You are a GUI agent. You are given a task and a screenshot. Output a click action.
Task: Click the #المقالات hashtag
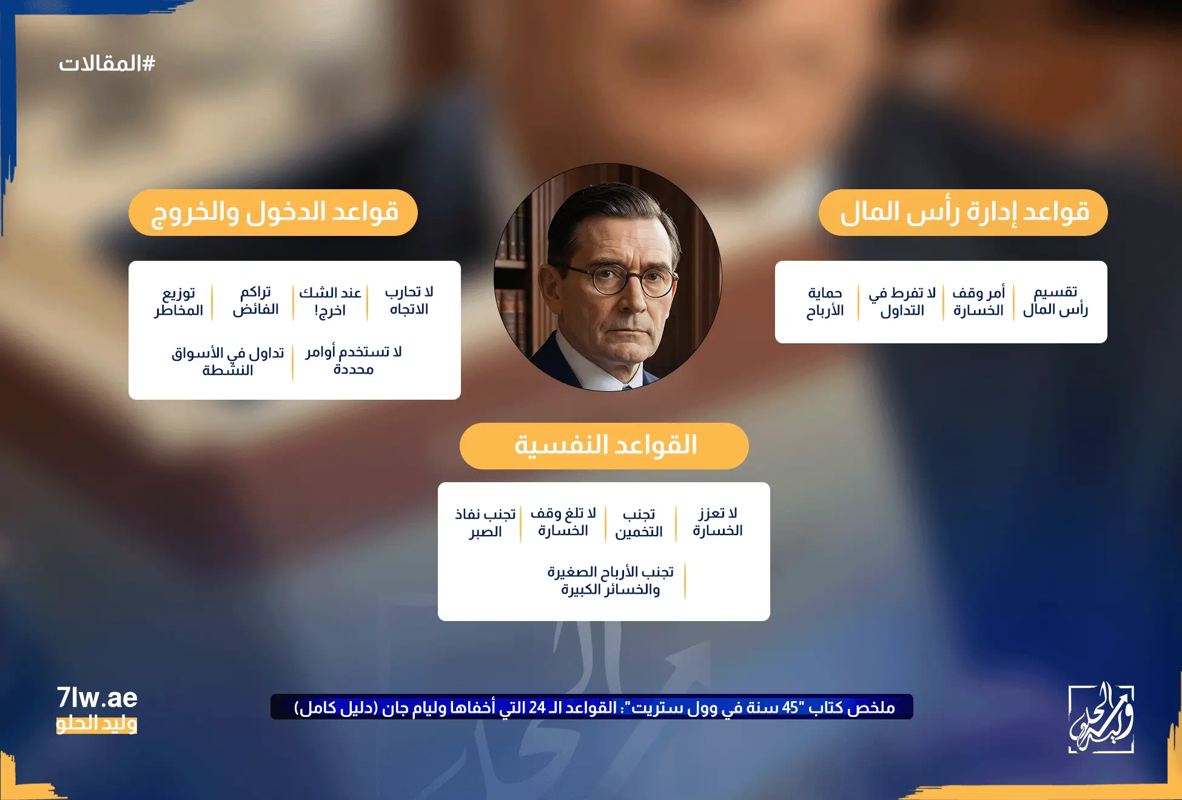point(107,63)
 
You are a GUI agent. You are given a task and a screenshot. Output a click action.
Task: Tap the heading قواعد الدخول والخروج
point(274,212)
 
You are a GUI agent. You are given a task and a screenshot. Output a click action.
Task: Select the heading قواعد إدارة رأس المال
point(963,212)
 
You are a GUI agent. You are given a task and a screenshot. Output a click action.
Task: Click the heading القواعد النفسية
point(604,446)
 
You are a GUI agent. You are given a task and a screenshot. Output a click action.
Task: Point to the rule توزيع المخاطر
point(178,301)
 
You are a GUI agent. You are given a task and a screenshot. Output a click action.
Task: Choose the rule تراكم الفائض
point(255,301)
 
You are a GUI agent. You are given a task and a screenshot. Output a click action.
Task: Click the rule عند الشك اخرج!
point(330,301)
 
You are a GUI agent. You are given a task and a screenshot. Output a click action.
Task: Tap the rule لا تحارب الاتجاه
point(409,301)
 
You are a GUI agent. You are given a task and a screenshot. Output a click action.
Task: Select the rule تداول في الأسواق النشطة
point(228,361)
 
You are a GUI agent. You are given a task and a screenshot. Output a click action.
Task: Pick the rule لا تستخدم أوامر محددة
point(354,361)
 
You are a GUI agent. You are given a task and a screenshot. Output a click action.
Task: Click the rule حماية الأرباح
point(825,302)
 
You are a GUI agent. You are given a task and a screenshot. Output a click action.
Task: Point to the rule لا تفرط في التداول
point(902,302)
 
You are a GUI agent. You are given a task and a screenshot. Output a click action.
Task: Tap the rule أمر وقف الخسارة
point(978,302)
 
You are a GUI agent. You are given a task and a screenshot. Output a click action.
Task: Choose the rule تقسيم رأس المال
point(1055,301)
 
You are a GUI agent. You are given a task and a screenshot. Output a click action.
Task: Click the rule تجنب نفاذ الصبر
point(485,523)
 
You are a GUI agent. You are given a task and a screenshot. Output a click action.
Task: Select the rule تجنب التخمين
point(639,523)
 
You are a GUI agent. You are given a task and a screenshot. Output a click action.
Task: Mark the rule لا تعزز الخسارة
point(717,522)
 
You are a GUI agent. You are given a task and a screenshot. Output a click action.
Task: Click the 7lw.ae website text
point(97,698)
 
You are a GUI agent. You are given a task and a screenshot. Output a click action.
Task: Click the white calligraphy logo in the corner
point(1101,718)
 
